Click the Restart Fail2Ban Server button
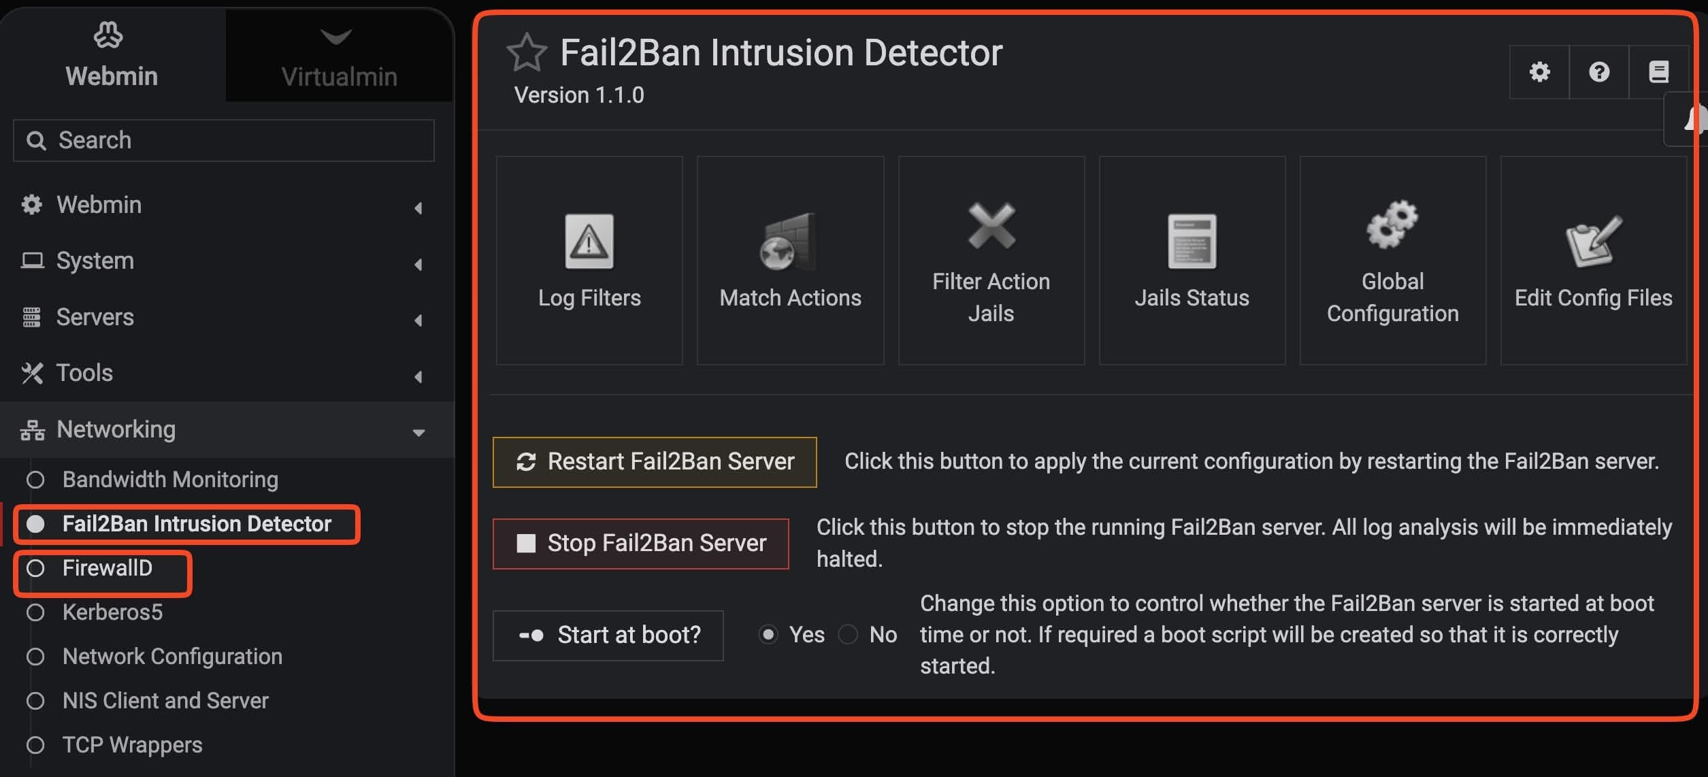coord(654,462)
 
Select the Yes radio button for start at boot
coord(768,635)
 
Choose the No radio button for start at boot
coord(848,635)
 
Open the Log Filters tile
coord(589,261)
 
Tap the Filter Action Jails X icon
coord(991,226)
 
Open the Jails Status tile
coord(1192,261)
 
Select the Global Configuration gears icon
coord(1392,224)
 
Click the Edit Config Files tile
coord(1593,261)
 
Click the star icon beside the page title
coord(526,52)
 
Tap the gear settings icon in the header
coord(1539,72)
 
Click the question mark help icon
coord(1599,72)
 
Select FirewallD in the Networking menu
coord(107,568)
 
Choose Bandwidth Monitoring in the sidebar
coord(170,480)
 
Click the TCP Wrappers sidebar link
coord(132,745)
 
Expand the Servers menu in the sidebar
coord(95,317)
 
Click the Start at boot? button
coord(608,635)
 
